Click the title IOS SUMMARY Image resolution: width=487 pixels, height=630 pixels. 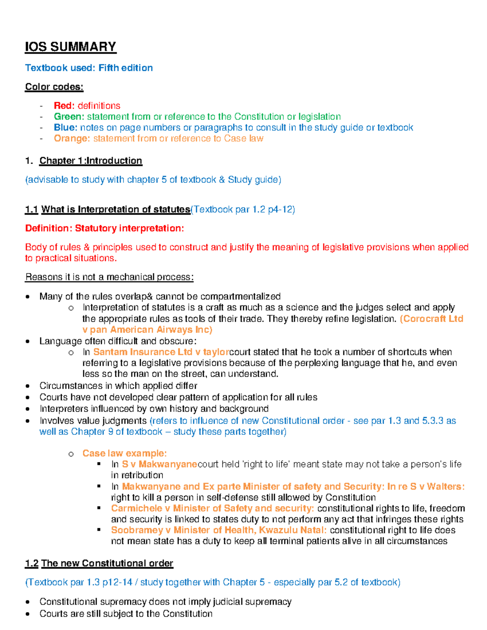(x=71, y=47)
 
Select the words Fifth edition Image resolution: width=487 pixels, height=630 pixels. (x=125, y=68)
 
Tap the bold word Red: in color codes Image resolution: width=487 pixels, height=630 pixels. (x=64, y=106)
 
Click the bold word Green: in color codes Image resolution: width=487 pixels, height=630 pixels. (x=69, y=117)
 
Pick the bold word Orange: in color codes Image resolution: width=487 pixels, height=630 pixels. (x=72, y=139)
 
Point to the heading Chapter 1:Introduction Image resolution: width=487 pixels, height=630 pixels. (x=91, y=161)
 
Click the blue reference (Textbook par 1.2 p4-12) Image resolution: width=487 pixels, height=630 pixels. (x=243, y=210)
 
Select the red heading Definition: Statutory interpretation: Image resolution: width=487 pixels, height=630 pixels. (x=104, y=228)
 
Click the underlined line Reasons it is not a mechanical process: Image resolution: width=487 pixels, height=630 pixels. (x=109, y=277)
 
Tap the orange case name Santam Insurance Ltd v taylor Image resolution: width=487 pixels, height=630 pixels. (x=161, y=352)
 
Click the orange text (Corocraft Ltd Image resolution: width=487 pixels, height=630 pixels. (x=431, y=319)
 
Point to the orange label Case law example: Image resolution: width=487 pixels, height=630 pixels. (x=125, y=453)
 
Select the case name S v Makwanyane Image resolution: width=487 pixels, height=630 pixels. (x=159, y=464)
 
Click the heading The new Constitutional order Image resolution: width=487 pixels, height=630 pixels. (x=107, y=563)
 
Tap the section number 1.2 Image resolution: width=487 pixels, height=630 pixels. (x=32, y=563)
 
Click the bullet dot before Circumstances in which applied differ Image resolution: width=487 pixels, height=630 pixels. (x=28, y=386)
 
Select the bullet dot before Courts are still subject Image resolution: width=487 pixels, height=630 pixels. (x=28, y=614)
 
